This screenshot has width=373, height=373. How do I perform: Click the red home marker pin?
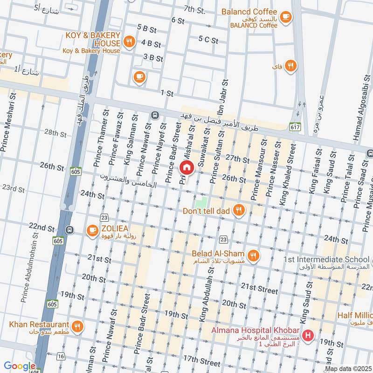click(186, 167)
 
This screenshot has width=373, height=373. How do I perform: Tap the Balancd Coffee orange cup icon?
click(285, 16)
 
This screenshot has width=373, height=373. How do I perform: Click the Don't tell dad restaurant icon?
click(239, 211)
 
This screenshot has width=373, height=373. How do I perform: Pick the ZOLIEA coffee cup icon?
click(92, 229)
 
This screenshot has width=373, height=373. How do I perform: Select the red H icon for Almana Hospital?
click(307, 335)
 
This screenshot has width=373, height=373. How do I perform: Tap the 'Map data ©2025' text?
click(347, 369)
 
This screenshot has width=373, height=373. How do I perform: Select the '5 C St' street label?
click(208, 41)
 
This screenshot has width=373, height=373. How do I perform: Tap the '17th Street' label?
click(201, 361)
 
